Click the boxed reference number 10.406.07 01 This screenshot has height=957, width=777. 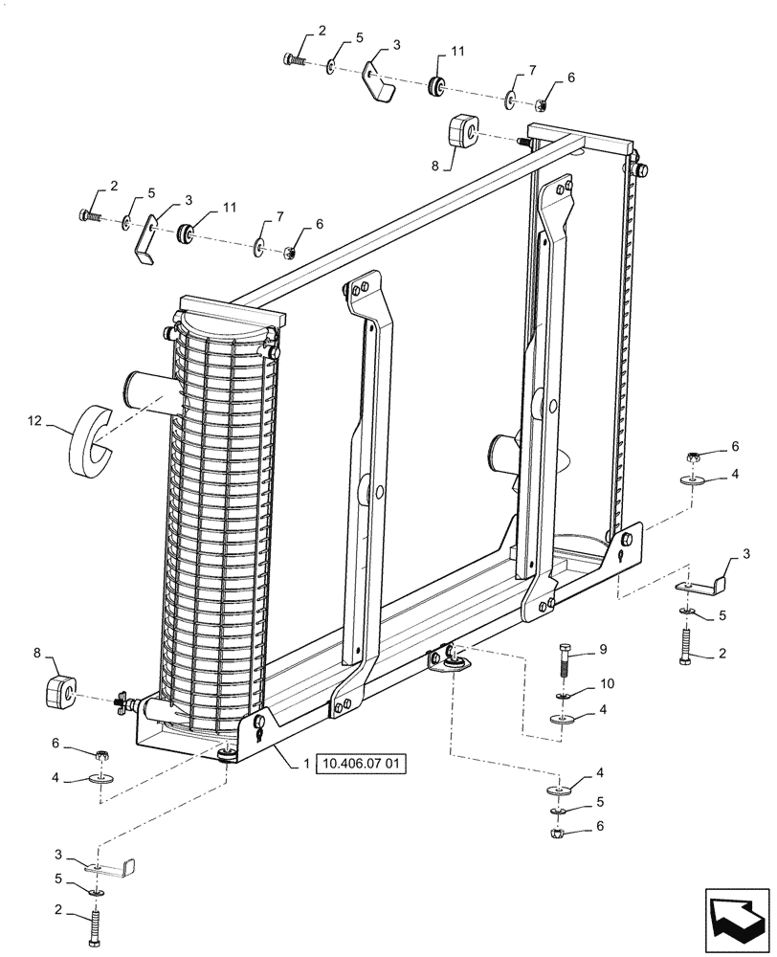point(360,765)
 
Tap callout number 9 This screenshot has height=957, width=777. point(603,650)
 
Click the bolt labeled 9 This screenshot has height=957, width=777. point(564,661)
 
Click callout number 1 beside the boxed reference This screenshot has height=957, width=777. point(306,764)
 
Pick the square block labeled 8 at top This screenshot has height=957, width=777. point(463,131)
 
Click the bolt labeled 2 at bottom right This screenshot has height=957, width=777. point(687,648)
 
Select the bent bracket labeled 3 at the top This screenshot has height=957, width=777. point(381,82)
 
